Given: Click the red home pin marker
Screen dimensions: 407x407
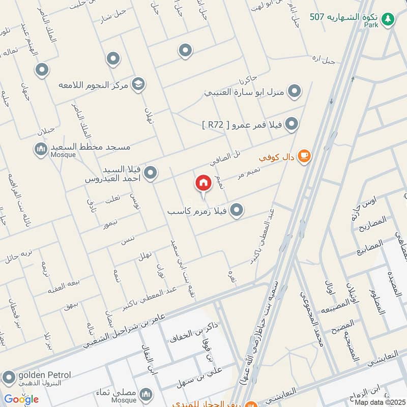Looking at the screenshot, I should click(x=203, y=183).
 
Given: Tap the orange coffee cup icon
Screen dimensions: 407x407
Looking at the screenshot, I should click(x=304, y=156).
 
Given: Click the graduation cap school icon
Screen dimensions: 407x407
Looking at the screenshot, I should click(x=137, y=83).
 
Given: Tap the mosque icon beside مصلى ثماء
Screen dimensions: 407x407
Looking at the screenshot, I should click(x=146, y=394).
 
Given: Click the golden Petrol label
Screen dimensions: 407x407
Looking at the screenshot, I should click(x=45, y=375).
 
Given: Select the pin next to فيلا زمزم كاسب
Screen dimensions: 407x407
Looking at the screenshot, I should click(x=236, y=210).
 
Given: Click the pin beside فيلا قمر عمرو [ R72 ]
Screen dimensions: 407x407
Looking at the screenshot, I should click(x=291, y=124).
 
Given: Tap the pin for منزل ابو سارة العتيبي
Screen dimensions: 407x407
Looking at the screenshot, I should click(x=294, y=92).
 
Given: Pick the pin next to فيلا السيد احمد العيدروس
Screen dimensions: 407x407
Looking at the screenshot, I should click(x=150, y=175).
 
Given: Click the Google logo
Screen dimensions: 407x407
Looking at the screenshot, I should click(x=21, y=399).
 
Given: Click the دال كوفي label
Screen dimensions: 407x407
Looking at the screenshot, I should click(x=277, y=157).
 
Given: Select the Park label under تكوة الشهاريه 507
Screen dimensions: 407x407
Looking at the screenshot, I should click(x=371, y=25).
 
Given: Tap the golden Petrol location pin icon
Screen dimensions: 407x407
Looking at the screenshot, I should click(x=9, y=377).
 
